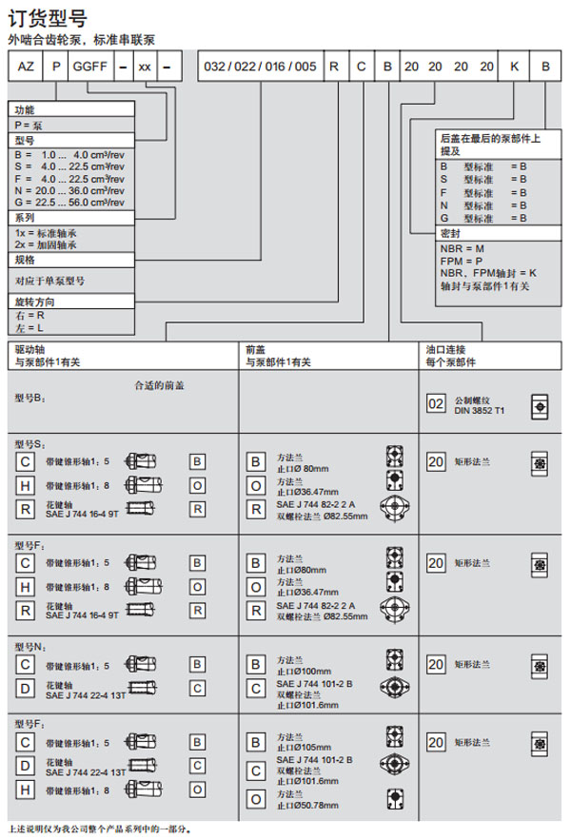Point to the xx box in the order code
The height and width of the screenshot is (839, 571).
144,68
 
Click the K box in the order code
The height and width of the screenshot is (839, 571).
515,68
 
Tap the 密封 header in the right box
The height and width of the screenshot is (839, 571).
450,233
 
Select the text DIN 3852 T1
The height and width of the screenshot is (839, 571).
480,411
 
